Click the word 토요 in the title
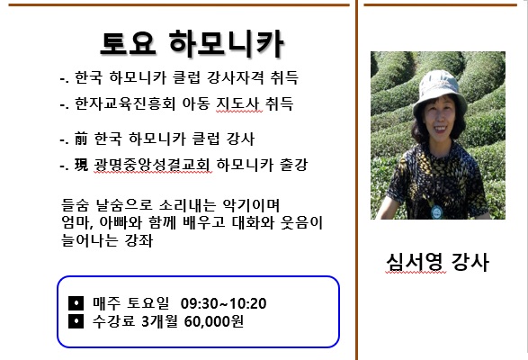128,43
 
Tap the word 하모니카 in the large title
227,43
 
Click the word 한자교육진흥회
125,103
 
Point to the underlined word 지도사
238,103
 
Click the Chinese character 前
81,139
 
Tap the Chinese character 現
81,165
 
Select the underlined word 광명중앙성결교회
152,165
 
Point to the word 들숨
75,204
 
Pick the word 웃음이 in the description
301,223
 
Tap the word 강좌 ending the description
139,240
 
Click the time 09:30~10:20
224,303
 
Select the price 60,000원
214,321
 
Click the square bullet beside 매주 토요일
76,303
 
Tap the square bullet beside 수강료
76,321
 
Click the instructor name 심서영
416,262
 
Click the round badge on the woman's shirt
437,212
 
